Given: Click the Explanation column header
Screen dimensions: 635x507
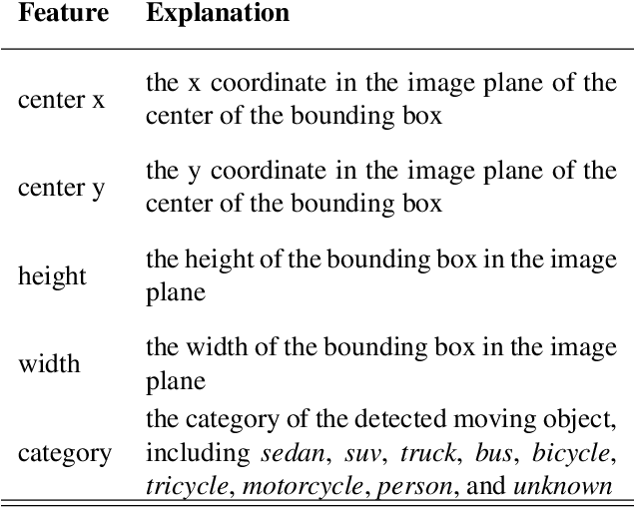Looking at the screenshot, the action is pos(218,14).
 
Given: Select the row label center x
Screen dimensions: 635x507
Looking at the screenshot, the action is pos(61,101).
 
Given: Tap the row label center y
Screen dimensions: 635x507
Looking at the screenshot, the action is pos(61,189).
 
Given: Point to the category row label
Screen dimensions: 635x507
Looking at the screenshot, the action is pos(65,453).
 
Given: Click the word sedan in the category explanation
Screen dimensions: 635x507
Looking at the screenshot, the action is pos(293,453).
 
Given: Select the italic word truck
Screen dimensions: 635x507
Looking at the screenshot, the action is pos(428,453).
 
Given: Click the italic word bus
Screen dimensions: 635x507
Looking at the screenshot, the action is pos(494,453).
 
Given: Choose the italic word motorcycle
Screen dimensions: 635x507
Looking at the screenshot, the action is pos(287,486).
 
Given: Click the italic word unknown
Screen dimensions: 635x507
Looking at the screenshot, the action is pos(562,486).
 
